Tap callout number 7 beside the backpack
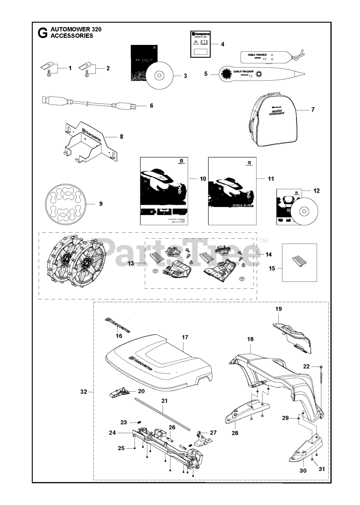(x=313, y=110)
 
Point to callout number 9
(x=101, y=204)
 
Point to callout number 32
(x=83, y=392)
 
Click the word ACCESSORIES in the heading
(x=72, y=36)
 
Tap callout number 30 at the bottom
(x=303, y=470)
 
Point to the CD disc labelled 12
(x=304, y=212)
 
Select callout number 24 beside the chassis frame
(x=112, y=432)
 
